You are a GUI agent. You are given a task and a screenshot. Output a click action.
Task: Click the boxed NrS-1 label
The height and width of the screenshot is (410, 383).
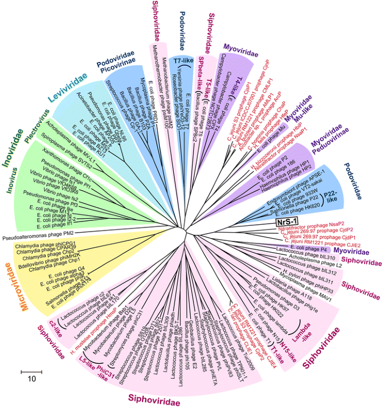point(287,223)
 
